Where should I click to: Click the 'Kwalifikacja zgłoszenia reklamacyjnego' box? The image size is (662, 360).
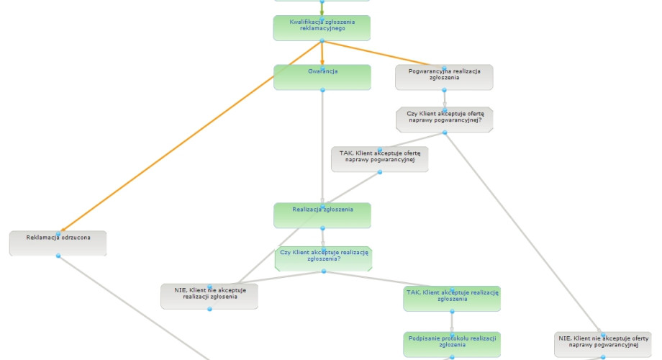pos(322,28)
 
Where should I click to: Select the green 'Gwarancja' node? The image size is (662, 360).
pos(322,77)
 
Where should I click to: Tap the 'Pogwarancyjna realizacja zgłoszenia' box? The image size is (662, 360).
pos(444,77)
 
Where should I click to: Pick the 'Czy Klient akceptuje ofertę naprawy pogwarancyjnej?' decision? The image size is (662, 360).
pos(445,120)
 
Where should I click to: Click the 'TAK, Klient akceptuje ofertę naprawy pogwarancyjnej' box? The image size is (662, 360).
pos(379,159)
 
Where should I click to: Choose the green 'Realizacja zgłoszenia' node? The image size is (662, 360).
pos(322,215)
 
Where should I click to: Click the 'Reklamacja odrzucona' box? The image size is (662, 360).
pos(58,243)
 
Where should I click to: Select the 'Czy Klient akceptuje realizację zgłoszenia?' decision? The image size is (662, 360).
pos(323,258)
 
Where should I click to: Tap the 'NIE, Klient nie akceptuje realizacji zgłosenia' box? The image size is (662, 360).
pos(209,296)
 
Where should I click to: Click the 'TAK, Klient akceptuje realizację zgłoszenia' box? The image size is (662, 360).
pos(452,299)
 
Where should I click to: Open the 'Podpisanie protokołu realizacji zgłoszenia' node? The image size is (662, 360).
pos(452,344)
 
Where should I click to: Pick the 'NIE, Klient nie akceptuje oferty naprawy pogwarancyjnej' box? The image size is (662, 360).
pos(603,344)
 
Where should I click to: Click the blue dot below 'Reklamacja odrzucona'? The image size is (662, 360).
pos(58,256)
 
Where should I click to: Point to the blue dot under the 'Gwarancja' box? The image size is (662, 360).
pos(322,90)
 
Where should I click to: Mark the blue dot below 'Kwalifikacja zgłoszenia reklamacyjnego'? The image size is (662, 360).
pos(322,40)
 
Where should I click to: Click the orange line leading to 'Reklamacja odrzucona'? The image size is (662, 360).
pos(191,136)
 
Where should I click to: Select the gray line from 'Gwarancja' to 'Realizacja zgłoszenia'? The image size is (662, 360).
pos(322,148)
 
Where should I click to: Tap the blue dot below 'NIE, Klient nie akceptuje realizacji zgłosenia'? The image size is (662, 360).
pos(209,310)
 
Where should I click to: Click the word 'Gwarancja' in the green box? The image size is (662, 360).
pos(323,71)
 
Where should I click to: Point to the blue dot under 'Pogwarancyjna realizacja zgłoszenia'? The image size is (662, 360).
pos(444,90)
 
